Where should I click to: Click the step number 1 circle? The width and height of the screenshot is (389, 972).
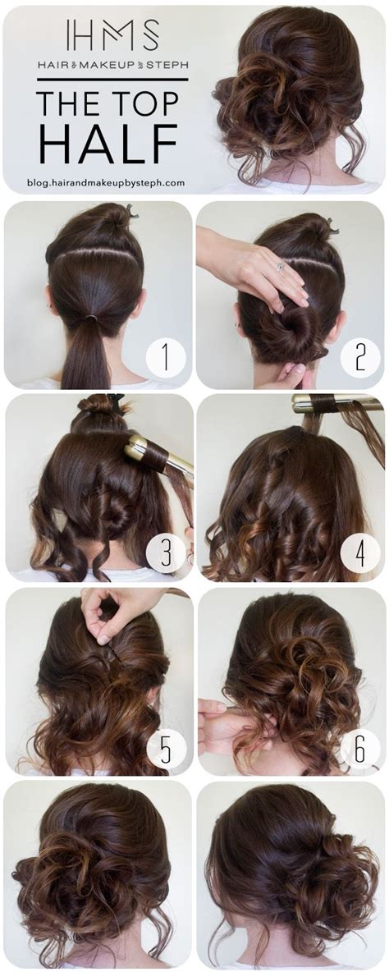tap(166, 358)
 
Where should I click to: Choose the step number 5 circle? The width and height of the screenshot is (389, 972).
tap(166, 748)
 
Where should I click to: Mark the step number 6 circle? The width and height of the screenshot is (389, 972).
tap(359, 748)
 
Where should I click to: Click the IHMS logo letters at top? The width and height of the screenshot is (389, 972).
tap(112, 35)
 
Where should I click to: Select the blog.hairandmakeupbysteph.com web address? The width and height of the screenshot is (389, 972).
tap(106, 184)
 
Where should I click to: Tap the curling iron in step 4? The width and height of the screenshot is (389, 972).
tap(328, 403)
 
